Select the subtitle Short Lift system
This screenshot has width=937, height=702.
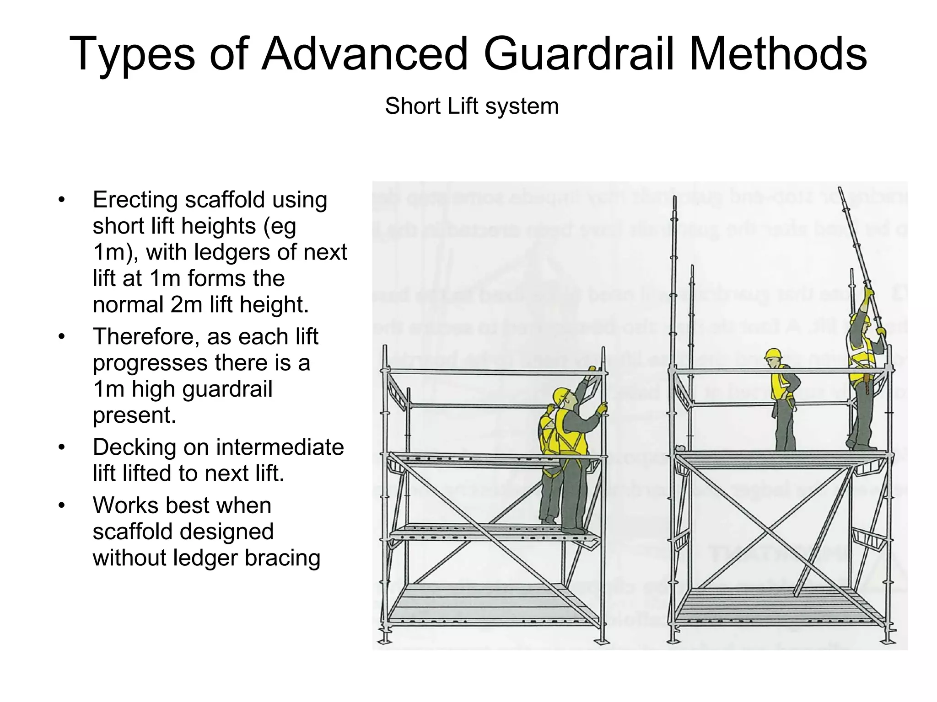point(471,106)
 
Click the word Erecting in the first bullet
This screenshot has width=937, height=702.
point(135,200)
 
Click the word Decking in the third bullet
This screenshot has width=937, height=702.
point(134,447)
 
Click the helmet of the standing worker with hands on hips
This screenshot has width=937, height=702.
point(774,353)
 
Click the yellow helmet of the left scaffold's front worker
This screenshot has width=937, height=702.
point(562,396)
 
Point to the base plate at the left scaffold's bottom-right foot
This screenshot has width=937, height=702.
point(603,642)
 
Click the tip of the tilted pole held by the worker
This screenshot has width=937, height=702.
point(840,188)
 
